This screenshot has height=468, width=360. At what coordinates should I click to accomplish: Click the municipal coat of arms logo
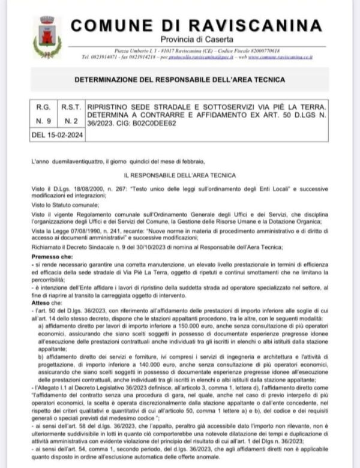(x=47, y=37)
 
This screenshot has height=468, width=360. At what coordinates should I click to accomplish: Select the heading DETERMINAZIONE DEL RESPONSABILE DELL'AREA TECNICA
(x=179, y=79)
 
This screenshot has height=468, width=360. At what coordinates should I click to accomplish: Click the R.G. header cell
(x=43, y=106)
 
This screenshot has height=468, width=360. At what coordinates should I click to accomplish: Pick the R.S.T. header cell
(x=71, y=106)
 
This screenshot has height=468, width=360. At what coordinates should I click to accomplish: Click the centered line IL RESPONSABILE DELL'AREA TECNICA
(x=179, y=175)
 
